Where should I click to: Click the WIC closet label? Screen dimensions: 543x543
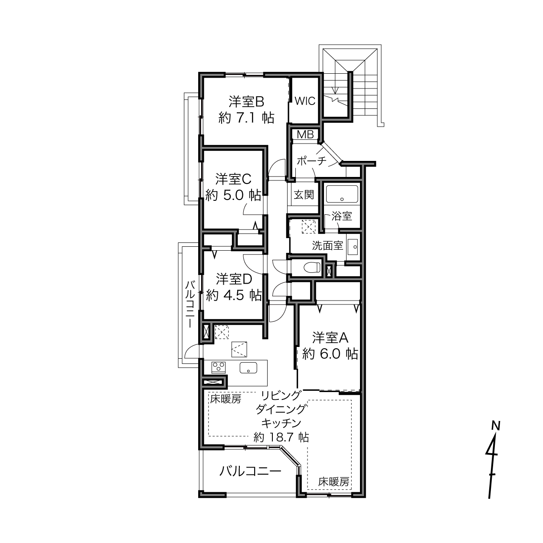pyautogui.click(x=305, y=101)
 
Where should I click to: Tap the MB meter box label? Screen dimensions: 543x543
pyautogui.click(x=305, y=135)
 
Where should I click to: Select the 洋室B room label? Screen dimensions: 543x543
pyautogui.click(x=246, y=102)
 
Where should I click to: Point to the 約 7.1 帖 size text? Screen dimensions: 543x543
pyautogui.click(x=246, y=118)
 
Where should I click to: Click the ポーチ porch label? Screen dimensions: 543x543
pyautogui.click(x=311, y=161)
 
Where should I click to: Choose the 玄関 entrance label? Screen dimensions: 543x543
pyautogui.click(x=304, y=195)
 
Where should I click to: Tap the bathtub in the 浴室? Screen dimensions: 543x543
pyautogui.click(x=342, y=193)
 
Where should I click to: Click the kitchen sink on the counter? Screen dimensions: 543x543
pyautogui.click(x=248, y=368)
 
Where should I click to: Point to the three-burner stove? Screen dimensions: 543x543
pyautogui.click(x=219, y=367)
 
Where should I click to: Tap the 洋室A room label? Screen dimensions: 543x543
pyautogui.click(x=330, y=337)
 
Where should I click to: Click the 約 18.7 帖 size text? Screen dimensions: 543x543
pyautogui.click(x=281, y=437)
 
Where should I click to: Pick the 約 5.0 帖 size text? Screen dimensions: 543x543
pyautogui.click(x=233, y=195)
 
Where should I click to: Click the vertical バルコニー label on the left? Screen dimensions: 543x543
pyautogui.click(x=190, y=304)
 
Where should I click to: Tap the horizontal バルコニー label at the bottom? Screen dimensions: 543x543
pyautogui.click(x=250, y=471)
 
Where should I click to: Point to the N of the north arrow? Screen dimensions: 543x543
pyautogui.click(x=496, y=425)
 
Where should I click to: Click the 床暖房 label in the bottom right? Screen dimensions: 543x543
pyautogui.click(x=334, y=482)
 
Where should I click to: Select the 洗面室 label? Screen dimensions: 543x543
pyautogui.click(x=327, y=246)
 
